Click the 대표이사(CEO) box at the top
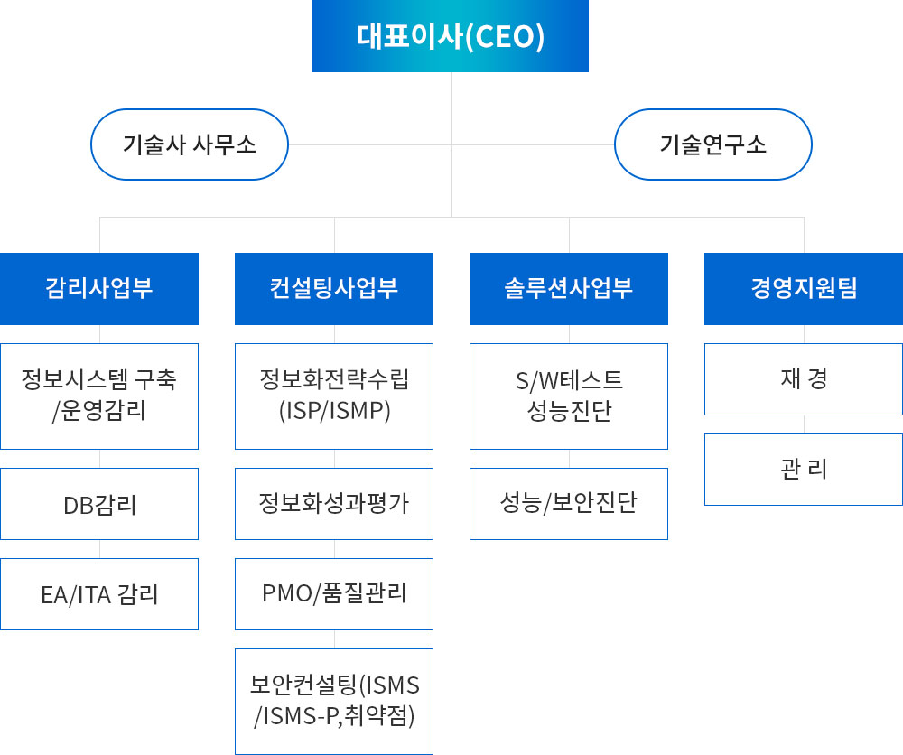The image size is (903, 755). [451, 36]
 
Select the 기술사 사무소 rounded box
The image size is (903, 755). [190, 144]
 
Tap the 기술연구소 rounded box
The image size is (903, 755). [713, 144]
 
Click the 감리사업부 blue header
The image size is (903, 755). [99, 288]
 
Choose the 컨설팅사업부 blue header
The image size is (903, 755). [334, 288]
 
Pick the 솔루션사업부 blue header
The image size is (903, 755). [569, 288]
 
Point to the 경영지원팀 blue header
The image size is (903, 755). [804, 288]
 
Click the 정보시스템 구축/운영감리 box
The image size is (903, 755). [99, 396]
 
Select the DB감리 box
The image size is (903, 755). [99, 504]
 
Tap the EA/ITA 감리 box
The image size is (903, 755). [99, 594]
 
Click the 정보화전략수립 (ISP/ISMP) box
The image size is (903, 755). [334, 396]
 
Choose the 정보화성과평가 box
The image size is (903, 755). [334, 504]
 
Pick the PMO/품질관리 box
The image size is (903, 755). [334, 594]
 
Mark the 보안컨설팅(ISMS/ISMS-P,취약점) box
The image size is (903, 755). [334, 702]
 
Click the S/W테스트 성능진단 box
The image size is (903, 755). [569, 396]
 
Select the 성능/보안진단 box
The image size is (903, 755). [569, 504]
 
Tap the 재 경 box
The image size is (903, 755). [804, 379]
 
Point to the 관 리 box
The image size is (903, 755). [804, 470]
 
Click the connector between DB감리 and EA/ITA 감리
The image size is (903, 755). [99, 549]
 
